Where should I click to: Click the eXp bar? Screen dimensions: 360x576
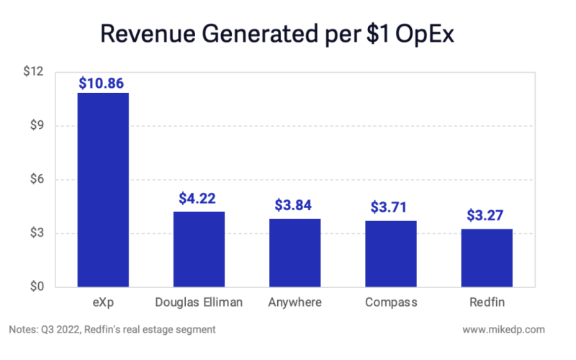103,190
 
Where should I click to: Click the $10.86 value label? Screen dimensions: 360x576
103,83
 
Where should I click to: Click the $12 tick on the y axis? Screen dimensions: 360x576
34,73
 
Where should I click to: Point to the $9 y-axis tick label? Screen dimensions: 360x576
37,126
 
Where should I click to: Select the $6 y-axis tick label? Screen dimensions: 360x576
37,180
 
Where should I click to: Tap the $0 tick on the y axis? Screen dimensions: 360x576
37,287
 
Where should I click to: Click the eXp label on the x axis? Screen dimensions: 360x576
103,302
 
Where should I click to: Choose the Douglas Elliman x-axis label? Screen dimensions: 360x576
199,302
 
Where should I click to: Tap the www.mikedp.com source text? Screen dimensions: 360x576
505,330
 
